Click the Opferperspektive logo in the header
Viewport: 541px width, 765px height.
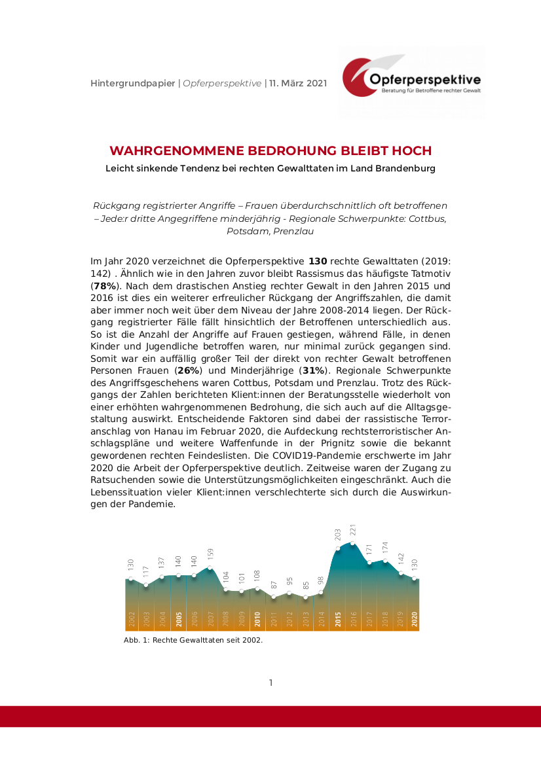411,82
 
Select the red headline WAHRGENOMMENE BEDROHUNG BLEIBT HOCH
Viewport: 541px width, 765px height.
270,151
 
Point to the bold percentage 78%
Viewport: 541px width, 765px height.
105,286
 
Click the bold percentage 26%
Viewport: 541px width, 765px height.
189,370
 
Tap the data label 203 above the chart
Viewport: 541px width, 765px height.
338,535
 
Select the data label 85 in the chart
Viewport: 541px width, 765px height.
306,586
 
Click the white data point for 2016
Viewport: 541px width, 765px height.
354,543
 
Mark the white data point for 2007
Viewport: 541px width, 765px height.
210,567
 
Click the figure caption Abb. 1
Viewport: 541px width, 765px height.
193,640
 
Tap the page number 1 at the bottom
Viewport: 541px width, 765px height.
270,683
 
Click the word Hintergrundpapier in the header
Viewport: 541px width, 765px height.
132,83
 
